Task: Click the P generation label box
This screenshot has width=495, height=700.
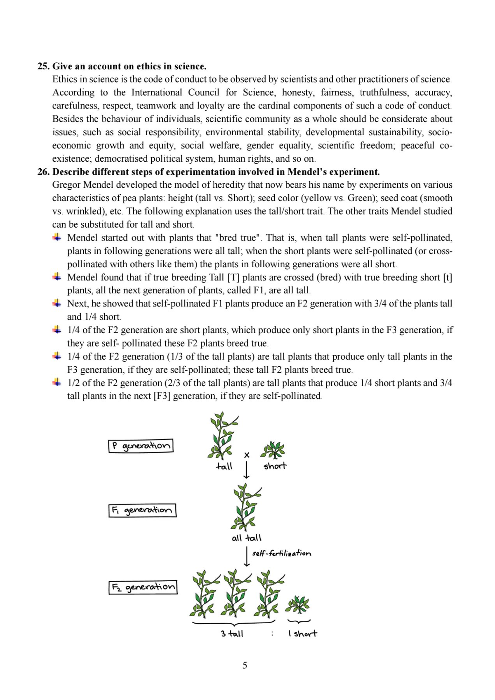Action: tap(141, 446)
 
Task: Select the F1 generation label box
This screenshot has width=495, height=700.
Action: tap(142, 510)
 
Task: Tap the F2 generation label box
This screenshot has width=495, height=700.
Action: tap(143, 587)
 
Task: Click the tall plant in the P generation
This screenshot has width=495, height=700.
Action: tap(222, 436)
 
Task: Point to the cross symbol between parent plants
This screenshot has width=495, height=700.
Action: tap(247, 455)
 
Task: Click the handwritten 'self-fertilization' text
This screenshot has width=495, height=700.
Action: tap(282, 553)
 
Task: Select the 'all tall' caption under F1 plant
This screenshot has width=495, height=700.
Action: tap(247, 538)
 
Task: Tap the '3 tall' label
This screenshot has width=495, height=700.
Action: tap(232, 634)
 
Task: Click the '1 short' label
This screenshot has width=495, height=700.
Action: tap(303, 634)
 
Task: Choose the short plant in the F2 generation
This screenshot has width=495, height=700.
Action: tap(298, 605)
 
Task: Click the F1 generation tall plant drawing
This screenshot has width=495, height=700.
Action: tap(246, 507)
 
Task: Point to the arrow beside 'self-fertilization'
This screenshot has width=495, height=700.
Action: tap(247, 556)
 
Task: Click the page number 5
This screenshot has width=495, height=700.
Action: tap(245, 665)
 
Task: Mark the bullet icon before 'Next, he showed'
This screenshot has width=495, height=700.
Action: tap(57, 304)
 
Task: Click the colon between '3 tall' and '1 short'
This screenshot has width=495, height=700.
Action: tap(272, 634)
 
